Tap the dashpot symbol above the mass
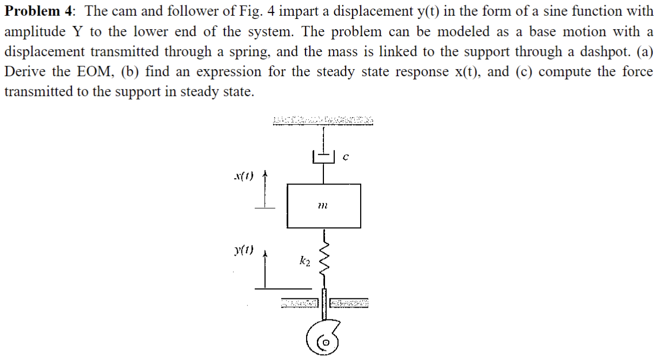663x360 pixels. [323, 157]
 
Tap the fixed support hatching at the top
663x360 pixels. [323, 120]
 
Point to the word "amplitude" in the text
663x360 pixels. [33, 31]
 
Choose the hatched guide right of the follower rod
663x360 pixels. [349, 304]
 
